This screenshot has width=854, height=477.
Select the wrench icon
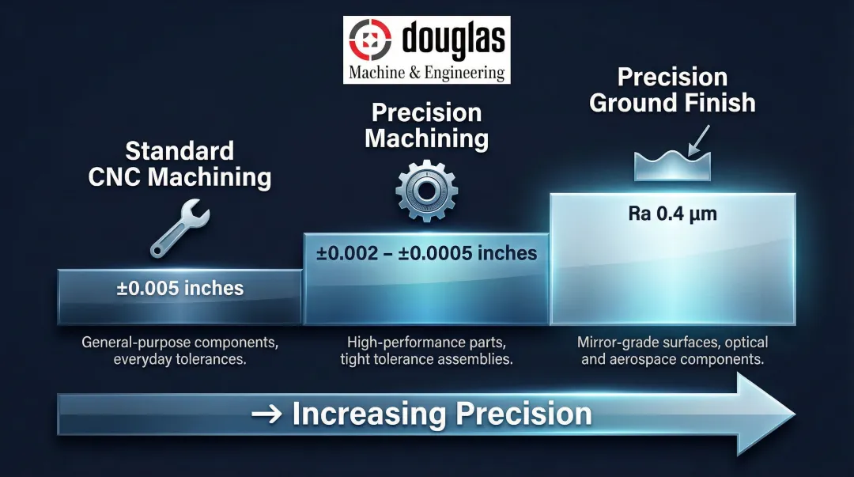click(x=179, y=227)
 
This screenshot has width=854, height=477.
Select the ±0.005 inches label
click(x=180, y=288)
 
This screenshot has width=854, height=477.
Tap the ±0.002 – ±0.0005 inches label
click(x=427, y=254)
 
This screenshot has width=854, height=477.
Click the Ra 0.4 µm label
click(x=673, y=214)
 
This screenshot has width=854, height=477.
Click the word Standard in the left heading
click(x=179, y=150)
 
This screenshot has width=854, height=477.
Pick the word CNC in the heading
click(x=115, y=177)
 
